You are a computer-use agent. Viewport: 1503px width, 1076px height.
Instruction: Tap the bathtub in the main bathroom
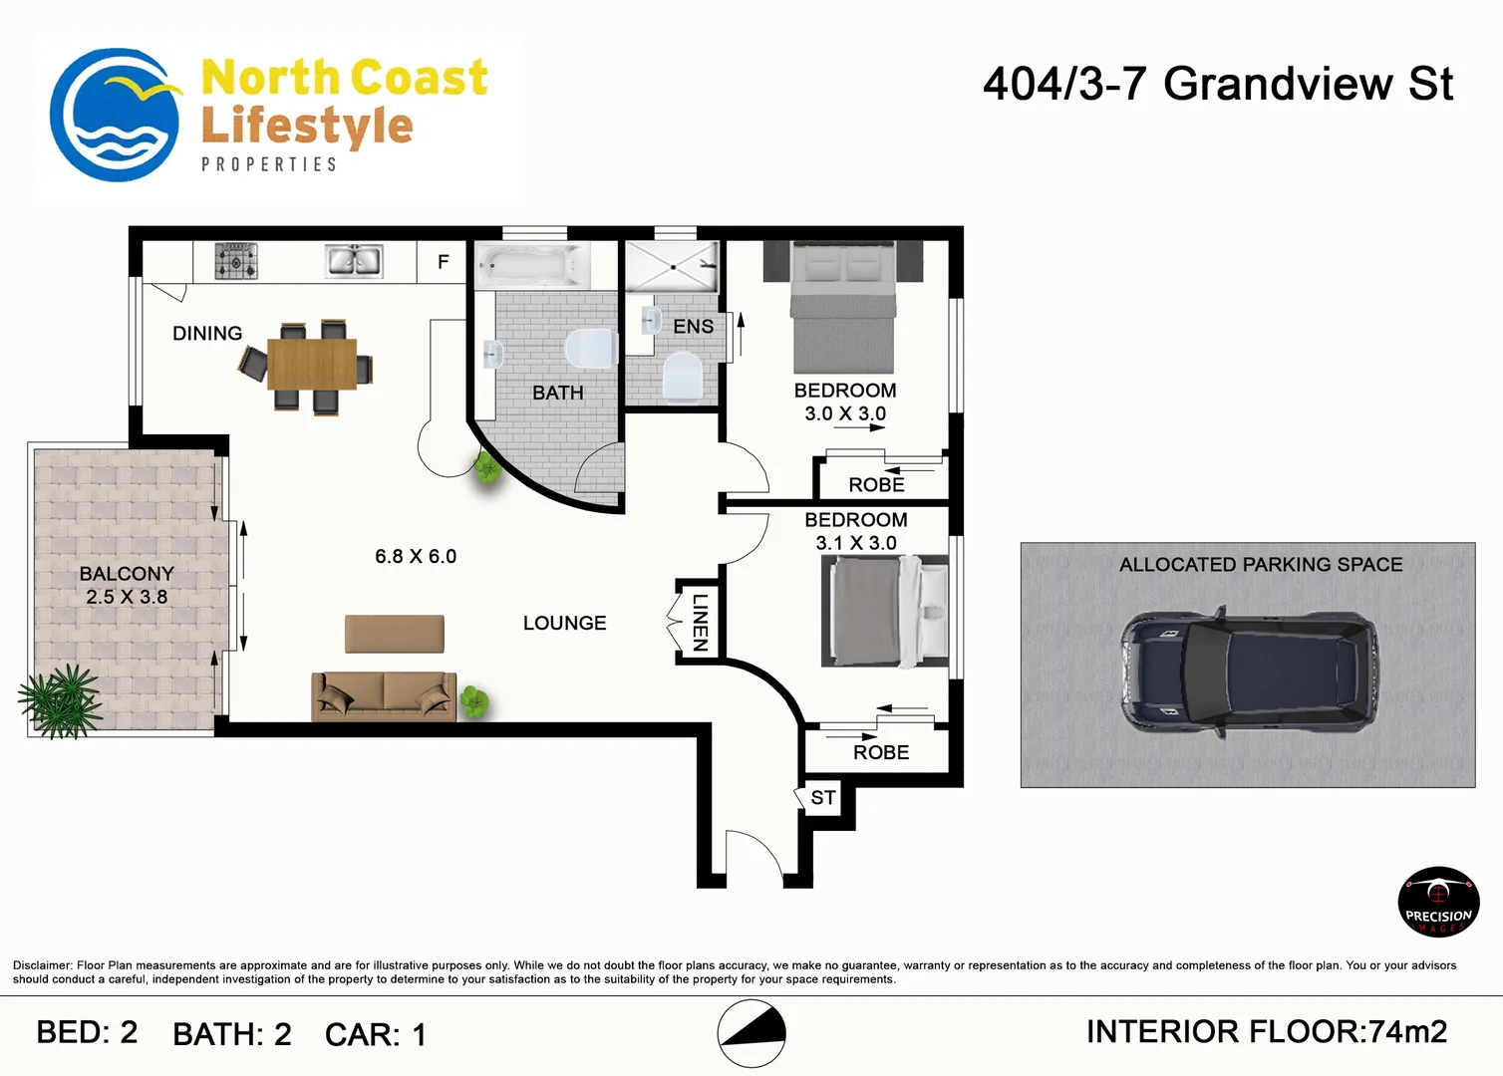point(533,266)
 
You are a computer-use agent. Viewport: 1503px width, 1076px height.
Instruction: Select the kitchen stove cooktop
point(236,261)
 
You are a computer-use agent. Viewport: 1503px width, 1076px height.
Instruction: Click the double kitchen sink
point(354,261)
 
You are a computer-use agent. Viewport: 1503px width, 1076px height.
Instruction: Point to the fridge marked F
point(443,262)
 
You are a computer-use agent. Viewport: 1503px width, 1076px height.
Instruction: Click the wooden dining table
point(312,365)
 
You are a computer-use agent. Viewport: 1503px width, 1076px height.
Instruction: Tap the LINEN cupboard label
point(699,623)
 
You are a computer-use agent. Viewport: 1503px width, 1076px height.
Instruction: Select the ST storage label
point(823,798)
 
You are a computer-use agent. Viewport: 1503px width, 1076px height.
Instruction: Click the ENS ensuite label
point(693,327)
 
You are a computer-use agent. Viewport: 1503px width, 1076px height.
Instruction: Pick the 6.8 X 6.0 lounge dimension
point(416,556)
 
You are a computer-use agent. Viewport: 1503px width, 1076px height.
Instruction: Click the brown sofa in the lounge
point(384,697)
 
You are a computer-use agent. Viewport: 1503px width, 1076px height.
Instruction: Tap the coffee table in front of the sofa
point(395,634)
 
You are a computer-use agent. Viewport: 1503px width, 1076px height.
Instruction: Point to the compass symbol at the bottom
point(751,1034)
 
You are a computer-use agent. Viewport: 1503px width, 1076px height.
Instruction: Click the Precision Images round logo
point(1438,902)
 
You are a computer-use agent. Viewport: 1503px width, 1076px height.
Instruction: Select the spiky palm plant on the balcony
point(61,701)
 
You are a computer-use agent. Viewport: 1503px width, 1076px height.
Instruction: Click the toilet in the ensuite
point(683,379)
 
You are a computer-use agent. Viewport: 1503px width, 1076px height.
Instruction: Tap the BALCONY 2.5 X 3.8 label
point(127,585)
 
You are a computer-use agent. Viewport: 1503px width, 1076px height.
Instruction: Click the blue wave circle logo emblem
point(115,115)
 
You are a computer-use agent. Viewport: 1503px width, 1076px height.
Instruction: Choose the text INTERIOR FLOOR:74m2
point(1267,1032)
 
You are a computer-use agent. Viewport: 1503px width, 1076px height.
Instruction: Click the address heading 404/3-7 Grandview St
point(1218,85)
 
